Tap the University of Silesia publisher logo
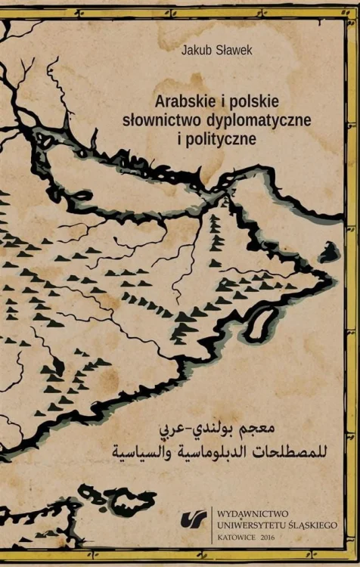191,520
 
